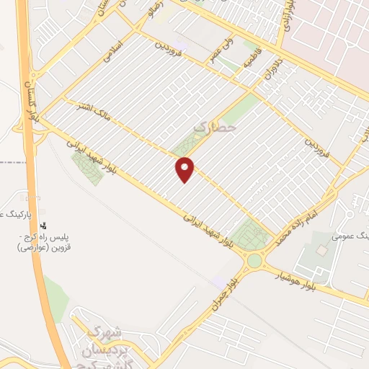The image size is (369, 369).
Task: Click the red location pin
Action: (x=186, y=169)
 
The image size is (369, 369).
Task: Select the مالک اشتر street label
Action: (x=98, y=115)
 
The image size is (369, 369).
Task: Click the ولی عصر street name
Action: (x=221, y=55)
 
